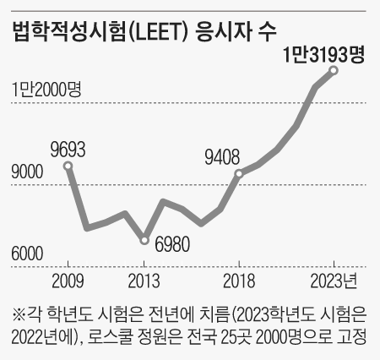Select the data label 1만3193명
click(x=323, y=55)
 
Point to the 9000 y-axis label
click(x=27, y=173)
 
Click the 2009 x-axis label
click(x=68, y=281)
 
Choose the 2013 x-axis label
click(x=144, y=281)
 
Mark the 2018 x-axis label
click(x=239, y=281)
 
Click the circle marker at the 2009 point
click(x=68, y=166)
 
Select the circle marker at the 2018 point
click(x=239, y=174)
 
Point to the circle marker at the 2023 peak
click(x=334, y=70)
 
